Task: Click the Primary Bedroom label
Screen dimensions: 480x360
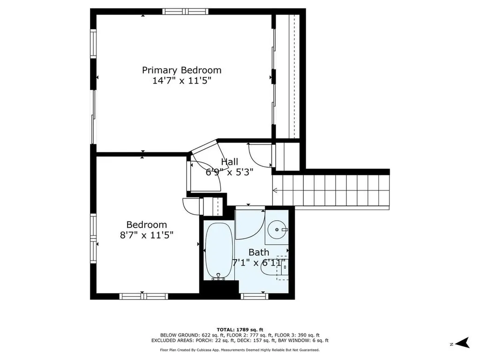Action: tap(181, 70)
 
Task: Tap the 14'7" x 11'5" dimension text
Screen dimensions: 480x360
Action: tap(182, 81)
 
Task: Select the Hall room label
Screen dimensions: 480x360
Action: tap(230, 162)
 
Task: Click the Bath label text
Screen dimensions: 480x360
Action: tap(259, 252)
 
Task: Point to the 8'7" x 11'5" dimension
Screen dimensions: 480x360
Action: tap(147, 235)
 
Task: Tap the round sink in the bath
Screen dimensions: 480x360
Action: tap(277, 229)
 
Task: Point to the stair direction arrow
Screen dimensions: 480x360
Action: tap(275, 190)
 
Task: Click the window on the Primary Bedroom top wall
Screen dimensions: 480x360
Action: tap(185, 12)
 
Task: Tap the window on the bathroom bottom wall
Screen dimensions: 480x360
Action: tap(255, 296)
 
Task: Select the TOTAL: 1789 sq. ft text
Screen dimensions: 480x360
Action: tap(240, 330)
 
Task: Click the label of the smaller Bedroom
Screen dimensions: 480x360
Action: tap(147, 225)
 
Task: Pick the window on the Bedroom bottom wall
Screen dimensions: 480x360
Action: tap(143, 296)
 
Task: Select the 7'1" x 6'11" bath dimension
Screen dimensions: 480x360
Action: tap(259, 262)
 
